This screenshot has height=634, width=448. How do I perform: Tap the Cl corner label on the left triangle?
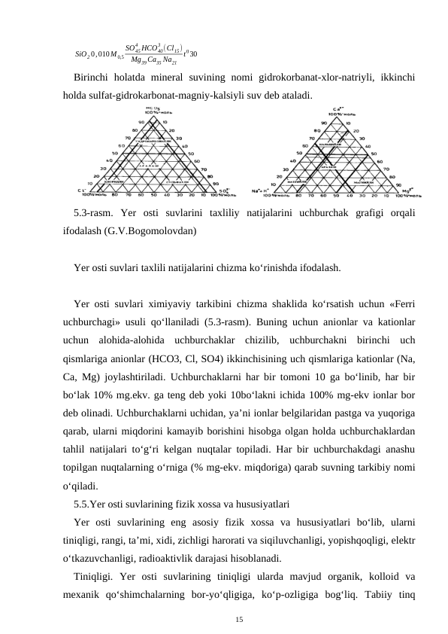pyautogui.click(x=80, y=191)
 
